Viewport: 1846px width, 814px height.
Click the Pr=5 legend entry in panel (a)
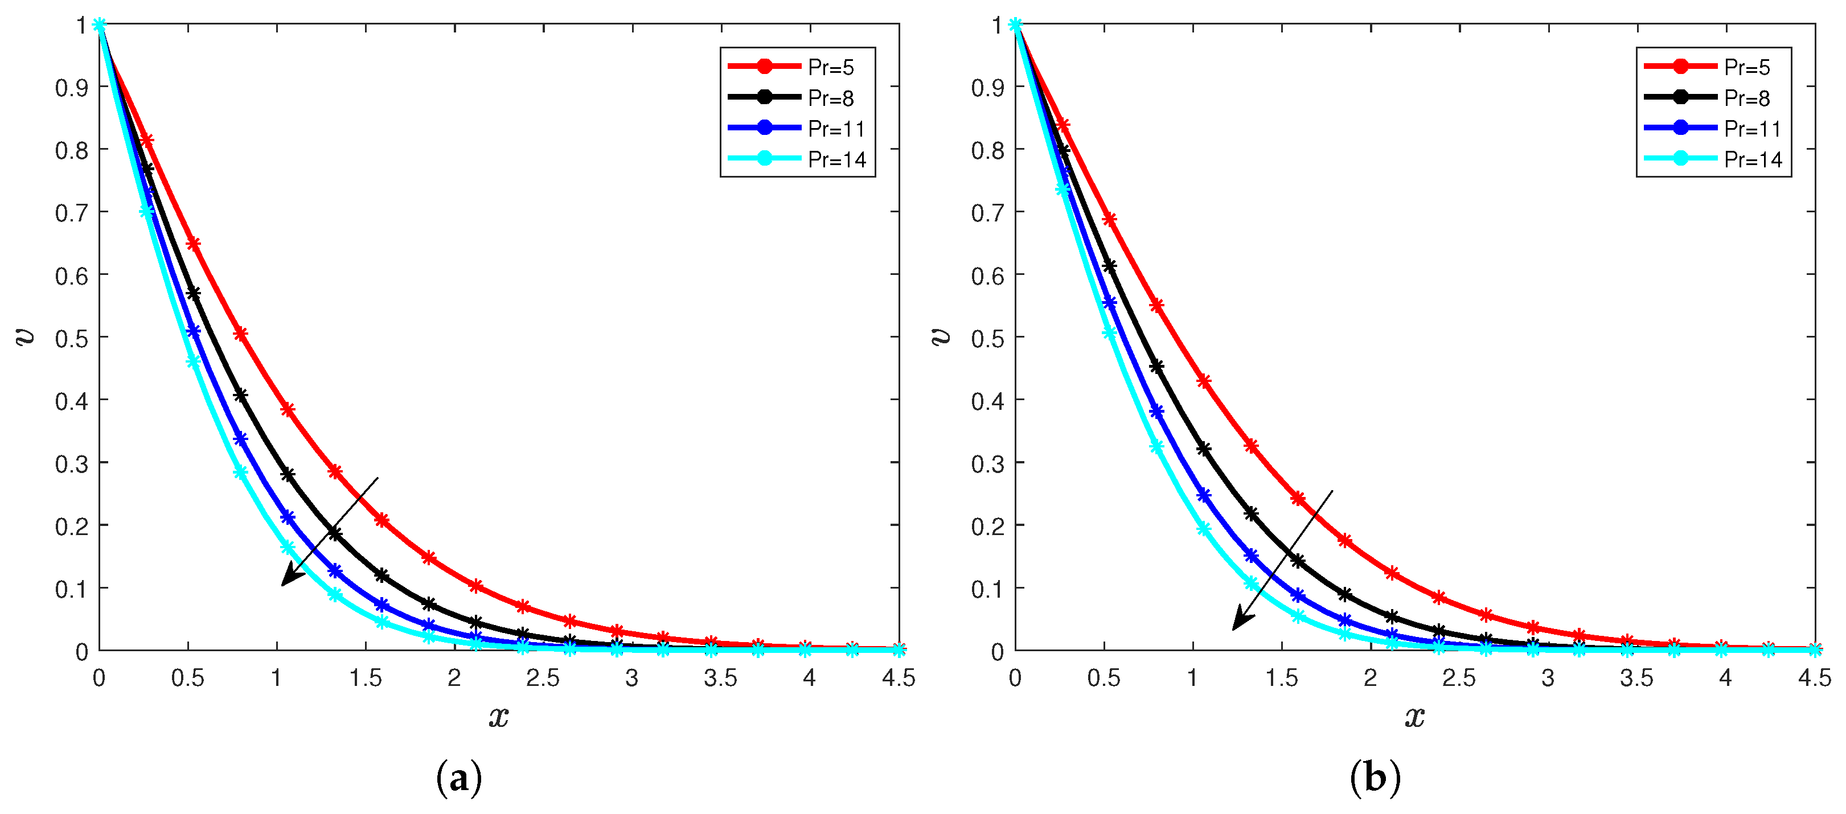[798, 67]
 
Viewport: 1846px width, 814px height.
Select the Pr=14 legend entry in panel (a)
[798, 159]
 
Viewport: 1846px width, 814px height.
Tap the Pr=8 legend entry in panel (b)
[1713, 97]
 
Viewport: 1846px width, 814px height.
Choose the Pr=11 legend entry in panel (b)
[1713, 128]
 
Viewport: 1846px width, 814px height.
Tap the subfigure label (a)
[458, 779]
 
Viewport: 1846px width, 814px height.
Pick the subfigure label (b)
[1375, 779]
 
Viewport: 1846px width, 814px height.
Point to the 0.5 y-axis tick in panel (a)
[71, 338]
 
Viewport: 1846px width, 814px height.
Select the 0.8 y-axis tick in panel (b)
[987, 150]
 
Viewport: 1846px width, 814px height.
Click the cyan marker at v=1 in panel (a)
[100, 25]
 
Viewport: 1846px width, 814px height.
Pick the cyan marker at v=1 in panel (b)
[1015, 25]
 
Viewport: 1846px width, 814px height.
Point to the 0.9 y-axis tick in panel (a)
[71, 88]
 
